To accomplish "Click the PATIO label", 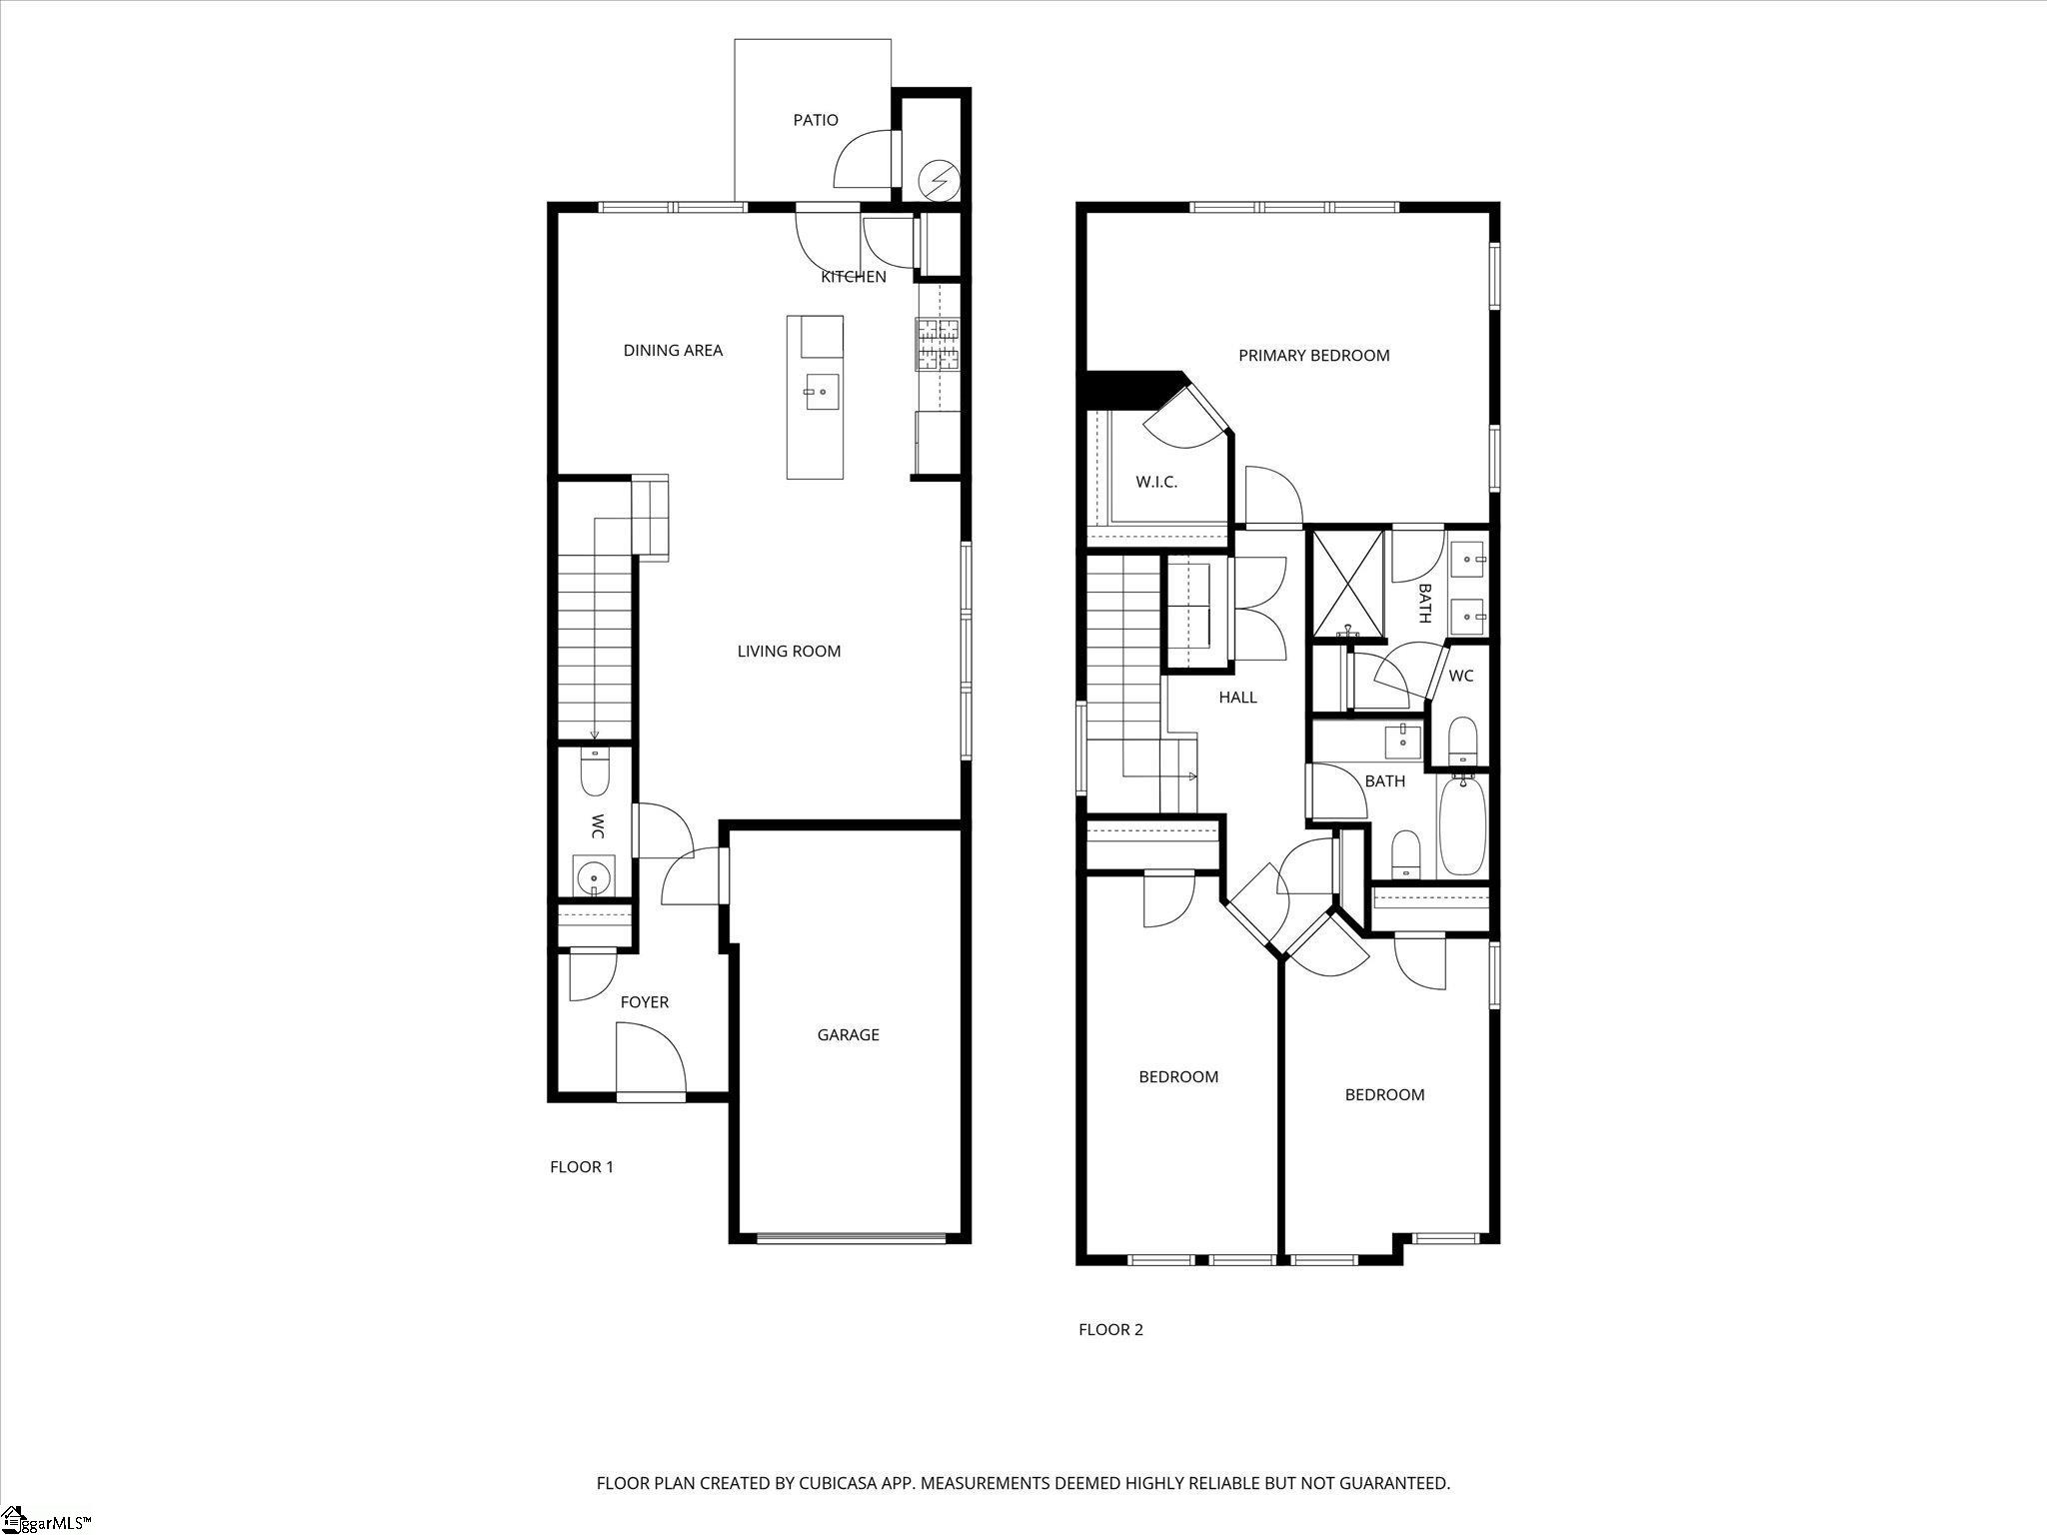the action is [x=816, y=120].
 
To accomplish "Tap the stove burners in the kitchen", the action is [x=937, y=344].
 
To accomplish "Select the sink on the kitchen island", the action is [x=822, y=392].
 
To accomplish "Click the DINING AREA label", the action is [x=673, y=350].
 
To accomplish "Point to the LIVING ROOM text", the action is [x=789, y=652].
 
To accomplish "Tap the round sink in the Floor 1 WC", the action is [x=594, y=876].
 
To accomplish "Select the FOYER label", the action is [x=644, y=1002].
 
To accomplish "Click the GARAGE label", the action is [x=849, y=1034].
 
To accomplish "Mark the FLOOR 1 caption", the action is [x=582, y=1166].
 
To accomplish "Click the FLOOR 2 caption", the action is [x=1110, y=1329].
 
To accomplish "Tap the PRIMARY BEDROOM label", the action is [x=1313, y=355].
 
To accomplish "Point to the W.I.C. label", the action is [x=1156, y=482].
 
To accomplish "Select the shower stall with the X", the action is [x=1347, y=585].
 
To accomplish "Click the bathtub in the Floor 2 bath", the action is [x=1462, y=825].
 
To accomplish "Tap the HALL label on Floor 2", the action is [x=1237, y=698].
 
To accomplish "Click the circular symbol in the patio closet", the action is [x=939, y=180].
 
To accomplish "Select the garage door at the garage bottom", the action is [x=851, y=1239].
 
